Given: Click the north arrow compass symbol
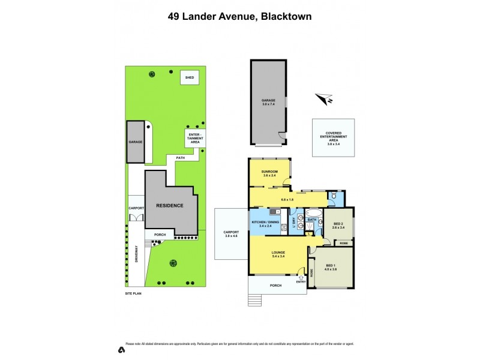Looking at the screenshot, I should pos(325,99).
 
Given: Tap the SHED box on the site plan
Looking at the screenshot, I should pos(190,78).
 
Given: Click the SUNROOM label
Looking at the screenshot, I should pos(269,173).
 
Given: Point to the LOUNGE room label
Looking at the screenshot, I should pos(277,254).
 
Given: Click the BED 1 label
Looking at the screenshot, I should pos(331,268).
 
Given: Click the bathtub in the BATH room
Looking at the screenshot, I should pos(313,212).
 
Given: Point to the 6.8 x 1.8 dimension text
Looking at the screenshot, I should pos(281,200).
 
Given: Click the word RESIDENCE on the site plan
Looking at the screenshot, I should pos(169,205).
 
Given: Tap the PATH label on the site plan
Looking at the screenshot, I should pos(180,158).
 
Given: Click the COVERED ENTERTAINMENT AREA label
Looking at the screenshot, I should pos(333,138).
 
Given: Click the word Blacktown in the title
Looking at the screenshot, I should pos(285,17).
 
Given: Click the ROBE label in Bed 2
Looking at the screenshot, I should pos(343,243).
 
